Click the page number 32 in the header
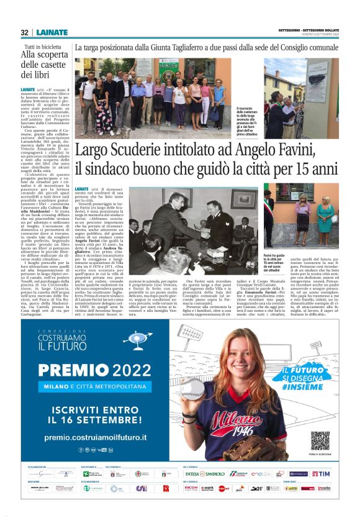click(24, 32)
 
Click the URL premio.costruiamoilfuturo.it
click(96, 438)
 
